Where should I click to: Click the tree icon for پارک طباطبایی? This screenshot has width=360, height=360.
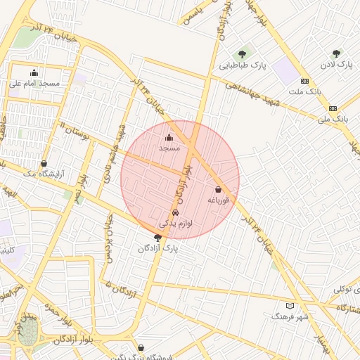[243, 54]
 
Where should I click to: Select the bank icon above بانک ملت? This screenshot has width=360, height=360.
[304, 81]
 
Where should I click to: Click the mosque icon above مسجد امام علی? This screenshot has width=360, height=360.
[34, 72]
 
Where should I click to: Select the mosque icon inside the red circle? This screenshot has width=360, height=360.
[169, 138]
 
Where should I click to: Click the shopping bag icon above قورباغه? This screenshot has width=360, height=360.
[218, 190]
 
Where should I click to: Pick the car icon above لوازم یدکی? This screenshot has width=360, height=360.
[175, 212]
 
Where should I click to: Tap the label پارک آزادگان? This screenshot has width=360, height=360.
[158, 248]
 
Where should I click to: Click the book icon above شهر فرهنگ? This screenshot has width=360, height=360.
[290, 306]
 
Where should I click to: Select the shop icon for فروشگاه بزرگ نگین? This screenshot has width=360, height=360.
[141, 347]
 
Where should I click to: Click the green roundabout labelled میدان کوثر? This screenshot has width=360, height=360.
[28, 334]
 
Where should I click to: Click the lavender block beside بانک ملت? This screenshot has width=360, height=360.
[284, 71]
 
